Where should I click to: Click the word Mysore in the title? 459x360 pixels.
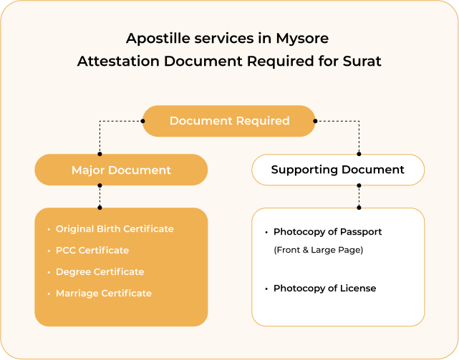[302, 39]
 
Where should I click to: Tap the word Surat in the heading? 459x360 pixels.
[362, 61]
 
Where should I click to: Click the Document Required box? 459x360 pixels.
[228, 121]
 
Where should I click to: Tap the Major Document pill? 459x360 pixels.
[121, 170]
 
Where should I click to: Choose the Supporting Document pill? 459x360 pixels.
[338, 170]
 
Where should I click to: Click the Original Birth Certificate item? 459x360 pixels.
[115, 229]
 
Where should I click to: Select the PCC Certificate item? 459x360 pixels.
[92, 250]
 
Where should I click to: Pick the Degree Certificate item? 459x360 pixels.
[100, 272]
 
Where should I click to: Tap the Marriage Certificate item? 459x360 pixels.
[104, 293]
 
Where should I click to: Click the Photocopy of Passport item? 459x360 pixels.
[327, 232]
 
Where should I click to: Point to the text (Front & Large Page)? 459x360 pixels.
[319, 250]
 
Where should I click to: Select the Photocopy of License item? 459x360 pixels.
[324, 288]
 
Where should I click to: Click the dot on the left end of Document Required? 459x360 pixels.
[142, 121]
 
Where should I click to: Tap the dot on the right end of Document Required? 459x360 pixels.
[315, 121]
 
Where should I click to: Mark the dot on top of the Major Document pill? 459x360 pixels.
[100, 154]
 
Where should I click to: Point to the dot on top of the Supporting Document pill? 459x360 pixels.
[359, 154]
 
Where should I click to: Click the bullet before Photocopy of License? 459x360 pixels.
[266, 289]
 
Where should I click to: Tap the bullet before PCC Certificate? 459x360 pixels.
[49, 250]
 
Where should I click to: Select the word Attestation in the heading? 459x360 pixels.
[119, 61]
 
